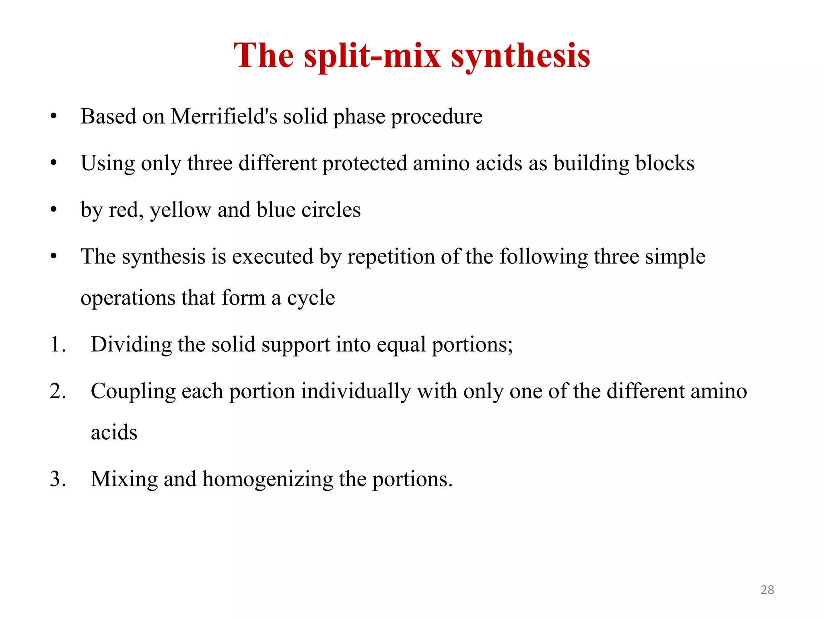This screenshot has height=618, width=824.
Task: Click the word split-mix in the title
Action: point(373,56)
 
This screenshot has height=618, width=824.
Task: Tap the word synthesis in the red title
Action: point(521,56)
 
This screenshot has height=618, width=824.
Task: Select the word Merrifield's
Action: point(224,117)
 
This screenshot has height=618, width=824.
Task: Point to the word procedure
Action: point(437,117)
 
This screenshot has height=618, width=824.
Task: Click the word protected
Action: point(365,164)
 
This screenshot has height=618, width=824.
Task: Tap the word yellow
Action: point(180,210)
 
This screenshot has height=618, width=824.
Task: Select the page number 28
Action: point(767,590)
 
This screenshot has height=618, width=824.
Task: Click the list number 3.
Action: point(58,479)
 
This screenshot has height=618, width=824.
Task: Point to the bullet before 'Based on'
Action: point(54,117)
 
